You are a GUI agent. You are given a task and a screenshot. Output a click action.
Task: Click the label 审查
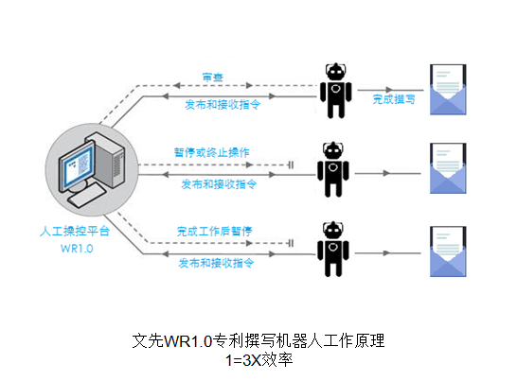click(x=213, y=78)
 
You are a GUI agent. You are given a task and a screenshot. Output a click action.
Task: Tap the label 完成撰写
click(x=394, y=99)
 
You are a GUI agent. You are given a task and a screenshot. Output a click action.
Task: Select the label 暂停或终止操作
click(x=212, y=152)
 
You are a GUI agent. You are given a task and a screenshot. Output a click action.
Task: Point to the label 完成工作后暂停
click(x=214, y=232)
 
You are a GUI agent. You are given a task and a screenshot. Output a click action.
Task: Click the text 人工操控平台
click(x=75, y=231)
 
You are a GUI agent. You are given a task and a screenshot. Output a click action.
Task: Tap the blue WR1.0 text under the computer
click(x=77, y=249)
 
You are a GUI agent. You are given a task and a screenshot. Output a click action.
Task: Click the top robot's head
click(x=336, y=71)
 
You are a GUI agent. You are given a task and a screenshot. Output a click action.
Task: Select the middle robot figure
click(x=333, y=169)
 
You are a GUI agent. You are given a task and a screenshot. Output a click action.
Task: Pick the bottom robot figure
click(x=333, y=249)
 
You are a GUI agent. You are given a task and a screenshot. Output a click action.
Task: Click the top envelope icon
click(x=448, y=90)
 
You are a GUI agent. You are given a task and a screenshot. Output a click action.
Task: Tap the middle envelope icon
click(x=448, y=168)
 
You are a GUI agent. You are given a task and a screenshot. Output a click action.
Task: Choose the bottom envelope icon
click(x=448, y=251)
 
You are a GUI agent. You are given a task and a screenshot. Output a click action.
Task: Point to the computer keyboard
click(x=86, y=195)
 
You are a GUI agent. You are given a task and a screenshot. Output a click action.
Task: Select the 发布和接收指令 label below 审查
click(x=223, y=105)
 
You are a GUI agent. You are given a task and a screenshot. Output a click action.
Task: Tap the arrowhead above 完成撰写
click(x=389, y=90)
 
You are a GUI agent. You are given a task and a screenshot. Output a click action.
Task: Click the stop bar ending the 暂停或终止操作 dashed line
click(x=291, y=165)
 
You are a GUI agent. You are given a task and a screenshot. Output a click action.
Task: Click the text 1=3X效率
click(x=259, y=360)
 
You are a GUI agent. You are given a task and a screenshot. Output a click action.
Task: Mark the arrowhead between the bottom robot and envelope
click(x=386, y=253)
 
